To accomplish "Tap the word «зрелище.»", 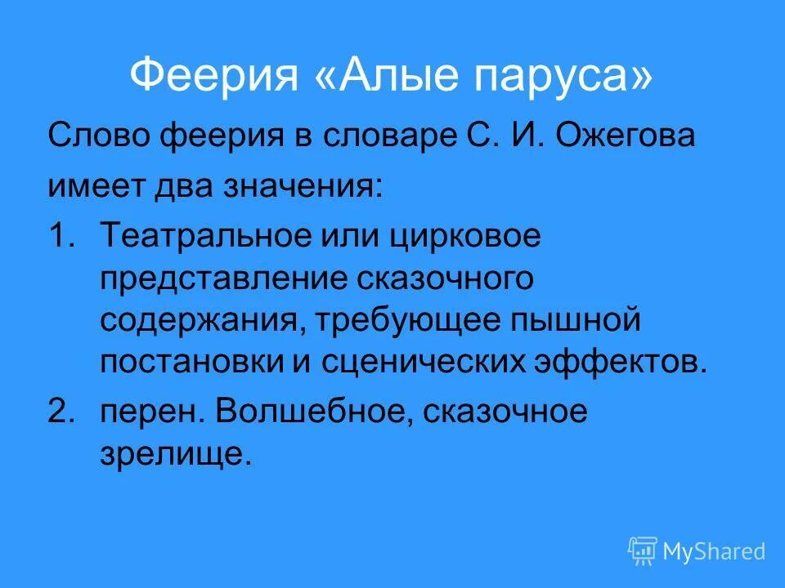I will tap(174, 454).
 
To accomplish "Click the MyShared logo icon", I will tap(643, 550).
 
